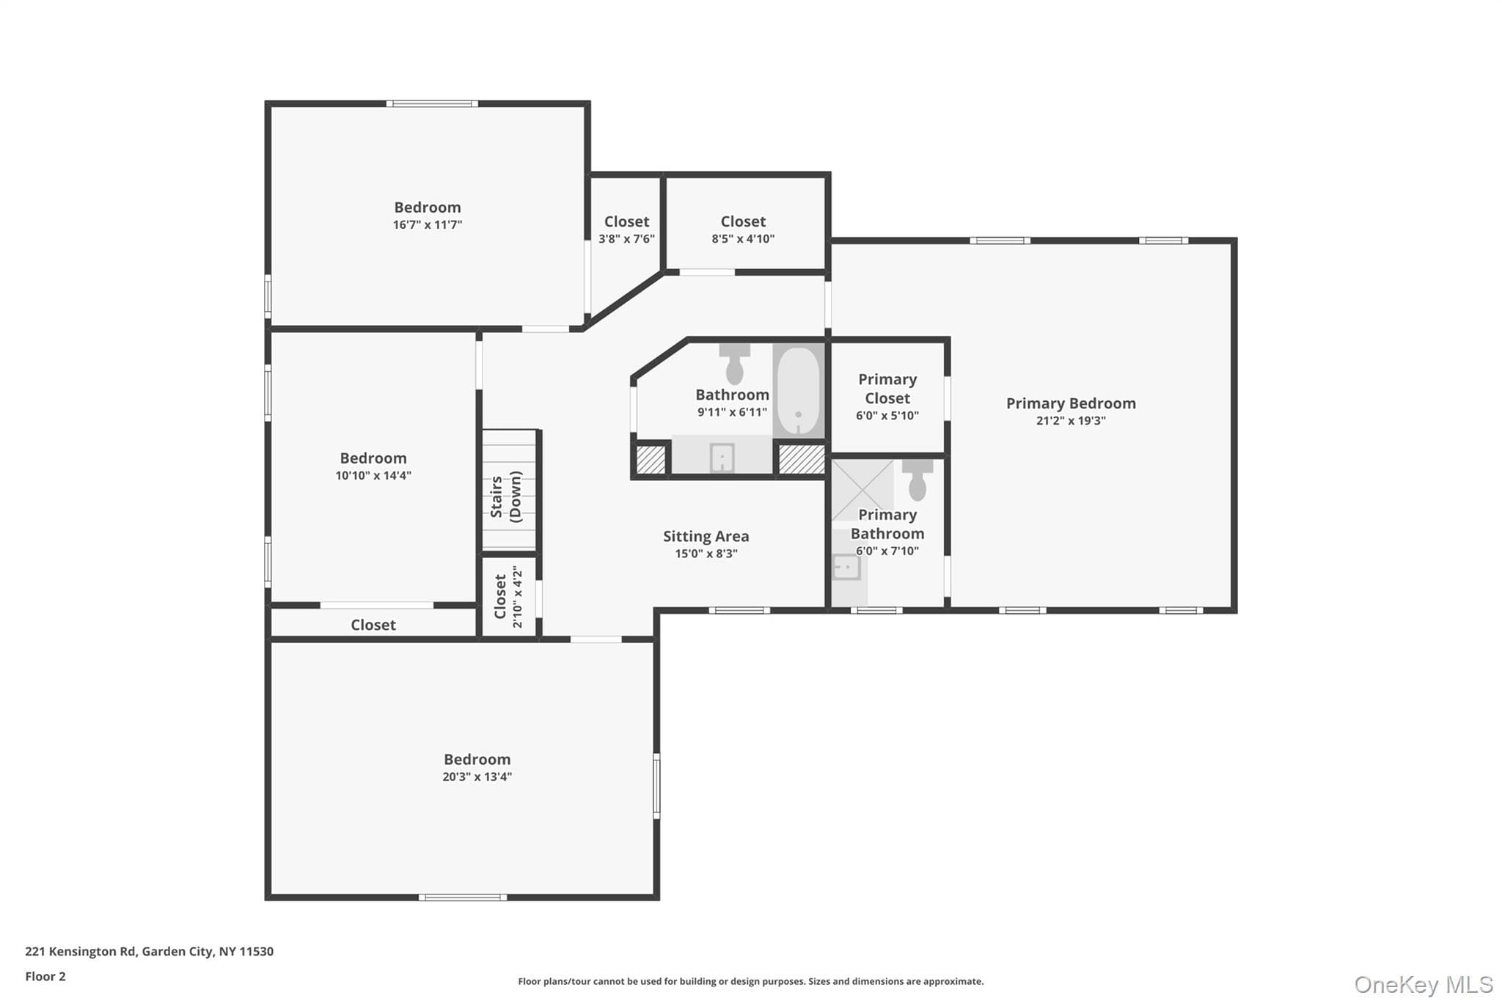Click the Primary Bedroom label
[x=1071, y=403]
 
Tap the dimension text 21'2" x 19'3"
[x=1071, y=421]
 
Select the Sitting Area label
[x=706, y=537]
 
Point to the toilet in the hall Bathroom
[x=734, y=364]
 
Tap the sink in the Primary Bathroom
[x=846, y=567]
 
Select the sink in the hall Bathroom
[x=722, y=458]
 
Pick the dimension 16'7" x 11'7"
[x=428, y=225]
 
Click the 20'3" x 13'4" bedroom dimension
[x=477, y=777]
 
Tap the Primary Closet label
[x=887, y=389]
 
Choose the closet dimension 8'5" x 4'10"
[x=743, y=239]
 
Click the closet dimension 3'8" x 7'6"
[x=626, y=239]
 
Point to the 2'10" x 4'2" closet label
[x=509, y=596]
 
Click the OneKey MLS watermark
[x=1424, y=984]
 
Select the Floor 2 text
[x=45, y=977]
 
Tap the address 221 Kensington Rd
[x=81, y=952]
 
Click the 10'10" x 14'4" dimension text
[x=373, y=476]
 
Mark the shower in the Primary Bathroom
[x=862, y=490]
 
